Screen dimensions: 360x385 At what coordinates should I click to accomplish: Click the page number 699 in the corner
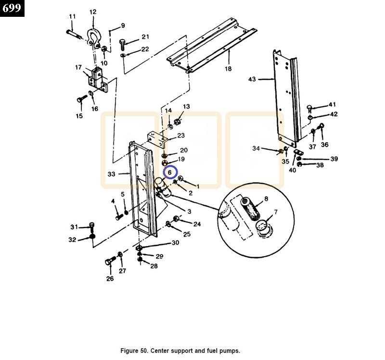pyautogui.click(x=12, y=8)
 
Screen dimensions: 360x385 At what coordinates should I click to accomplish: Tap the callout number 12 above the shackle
pyautogui.click(x=93, y=12)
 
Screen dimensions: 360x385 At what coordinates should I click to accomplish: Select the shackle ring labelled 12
pyautogui.click(x=92, y=37)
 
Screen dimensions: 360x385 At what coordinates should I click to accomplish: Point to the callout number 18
pyautogui.click(x=228, y=69)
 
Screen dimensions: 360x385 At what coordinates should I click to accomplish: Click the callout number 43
pyautogui.click(x=252, y=79)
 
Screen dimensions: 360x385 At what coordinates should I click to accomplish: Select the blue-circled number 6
pyautogui.click(x=169, y=172)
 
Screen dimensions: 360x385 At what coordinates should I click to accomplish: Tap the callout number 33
pyautogui.click(x=111, y=174)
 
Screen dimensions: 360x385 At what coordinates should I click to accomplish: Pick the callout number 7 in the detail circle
pyautogui.click(x=276, y=212)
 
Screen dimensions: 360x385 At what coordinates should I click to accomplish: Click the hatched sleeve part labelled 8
pyautogui.click(x=252, y=208)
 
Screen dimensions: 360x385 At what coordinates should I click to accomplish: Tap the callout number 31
pyautogui.click(x=74, y=227)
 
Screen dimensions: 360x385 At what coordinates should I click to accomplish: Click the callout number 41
pyautogui.click(x=332, y=105)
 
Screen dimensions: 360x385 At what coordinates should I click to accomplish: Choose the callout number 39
pyautogui.click(x=334, y=159)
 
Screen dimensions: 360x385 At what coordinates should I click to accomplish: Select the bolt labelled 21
pyautogui.click(x=123, y=44)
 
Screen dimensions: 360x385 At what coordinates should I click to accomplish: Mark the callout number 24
pyautogui.click(x=197, y=224)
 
